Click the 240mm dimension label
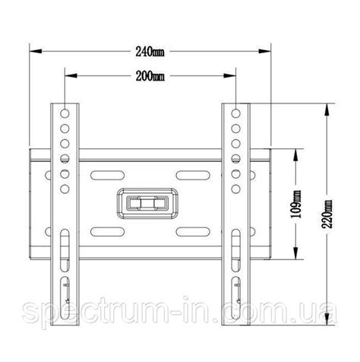pyautogui.click(x=150, y=52)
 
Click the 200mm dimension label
pyautogui.click(x=150, y=76)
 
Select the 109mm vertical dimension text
pyautogui.click(x=295, y=204)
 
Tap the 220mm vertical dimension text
pyautogui.click(x=327, y=214)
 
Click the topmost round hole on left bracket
pyautogui.click(x=65, y=113)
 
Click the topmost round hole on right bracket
pyautogui.click(x=235, y=113)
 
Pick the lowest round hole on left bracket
pyautogui.click(x=65, y=189)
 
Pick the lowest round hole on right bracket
pyautogui.click(x=235, y=189)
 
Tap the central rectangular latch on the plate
pyautogui.click(x=147, y=204)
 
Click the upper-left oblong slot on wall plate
pyautogui.click(x=107, y=176)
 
